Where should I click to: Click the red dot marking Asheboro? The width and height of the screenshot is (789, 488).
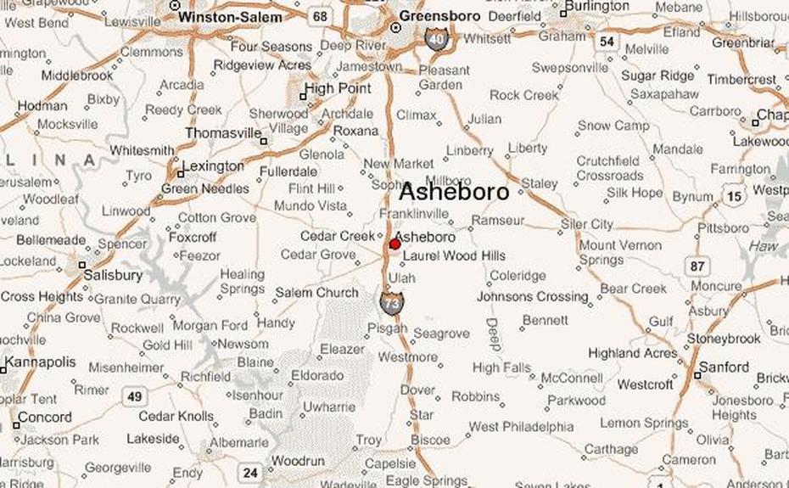point(394,244)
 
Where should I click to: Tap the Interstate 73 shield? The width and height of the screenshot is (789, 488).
point(392,303)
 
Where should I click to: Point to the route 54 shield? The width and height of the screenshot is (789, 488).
point(606,41)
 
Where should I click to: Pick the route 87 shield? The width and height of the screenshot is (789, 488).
point(697,266)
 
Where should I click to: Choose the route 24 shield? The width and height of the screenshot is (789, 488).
point(249,473)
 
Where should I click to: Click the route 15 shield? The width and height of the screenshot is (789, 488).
point(735,196)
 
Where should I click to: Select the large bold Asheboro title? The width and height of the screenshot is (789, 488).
point(454,192)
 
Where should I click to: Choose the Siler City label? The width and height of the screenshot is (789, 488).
point(586,224)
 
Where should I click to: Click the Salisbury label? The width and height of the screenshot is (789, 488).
point(113,275)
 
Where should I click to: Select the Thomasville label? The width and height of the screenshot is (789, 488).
point(223,133)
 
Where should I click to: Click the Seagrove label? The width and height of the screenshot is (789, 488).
point(441,334)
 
